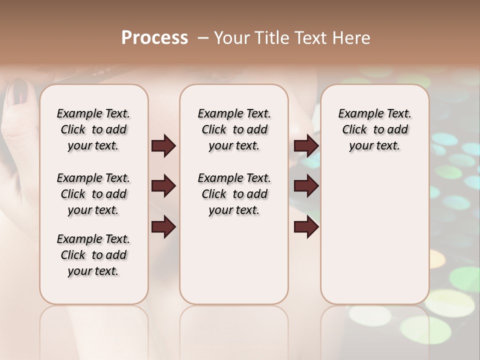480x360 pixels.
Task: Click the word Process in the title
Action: coord(154,38)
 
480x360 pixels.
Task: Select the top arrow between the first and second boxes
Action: coord(163,145)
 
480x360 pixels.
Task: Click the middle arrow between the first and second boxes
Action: coord(163,186)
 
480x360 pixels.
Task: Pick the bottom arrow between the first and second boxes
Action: coord(163,227)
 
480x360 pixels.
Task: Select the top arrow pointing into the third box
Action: coord(306,145)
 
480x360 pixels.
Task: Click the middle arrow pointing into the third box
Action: coord(306,186)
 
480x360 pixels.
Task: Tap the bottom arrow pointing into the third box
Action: coord(306,227)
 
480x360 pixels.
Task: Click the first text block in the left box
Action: coord(93,129)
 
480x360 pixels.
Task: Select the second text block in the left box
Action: coord(93,194)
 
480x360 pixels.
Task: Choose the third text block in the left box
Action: coord(93,255)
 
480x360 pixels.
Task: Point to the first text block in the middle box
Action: coord(234,129)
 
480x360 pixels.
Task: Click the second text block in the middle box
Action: coord(234,194)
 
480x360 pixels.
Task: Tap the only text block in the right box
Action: coord(374,129)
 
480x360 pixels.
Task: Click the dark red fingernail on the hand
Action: coord(20,90)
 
